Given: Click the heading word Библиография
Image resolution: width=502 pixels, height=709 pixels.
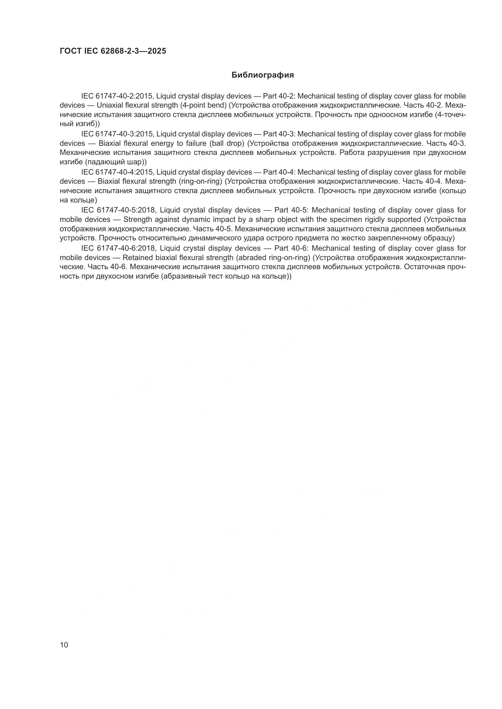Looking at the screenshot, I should (x=263, y=75).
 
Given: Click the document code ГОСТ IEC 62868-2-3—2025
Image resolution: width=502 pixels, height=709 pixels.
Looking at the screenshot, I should (x=113, y=51).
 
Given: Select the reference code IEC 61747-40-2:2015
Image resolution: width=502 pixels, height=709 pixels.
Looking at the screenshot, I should (x=117, y=96).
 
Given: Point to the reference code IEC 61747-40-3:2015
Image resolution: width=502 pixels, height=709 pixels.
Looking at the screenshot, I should (x=117, y=134).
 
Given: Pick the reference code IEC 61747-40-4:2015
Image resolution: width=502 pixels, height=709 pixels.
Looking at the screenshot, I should (x=117, y=172).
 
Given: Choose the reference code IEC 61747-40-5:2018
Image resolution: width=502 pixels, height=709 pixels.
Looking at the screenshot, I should (x=117, y=210).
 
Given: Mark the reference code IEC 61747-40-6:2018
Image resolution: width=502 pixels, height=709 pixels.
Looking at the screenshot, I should (x=117, y=248).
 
